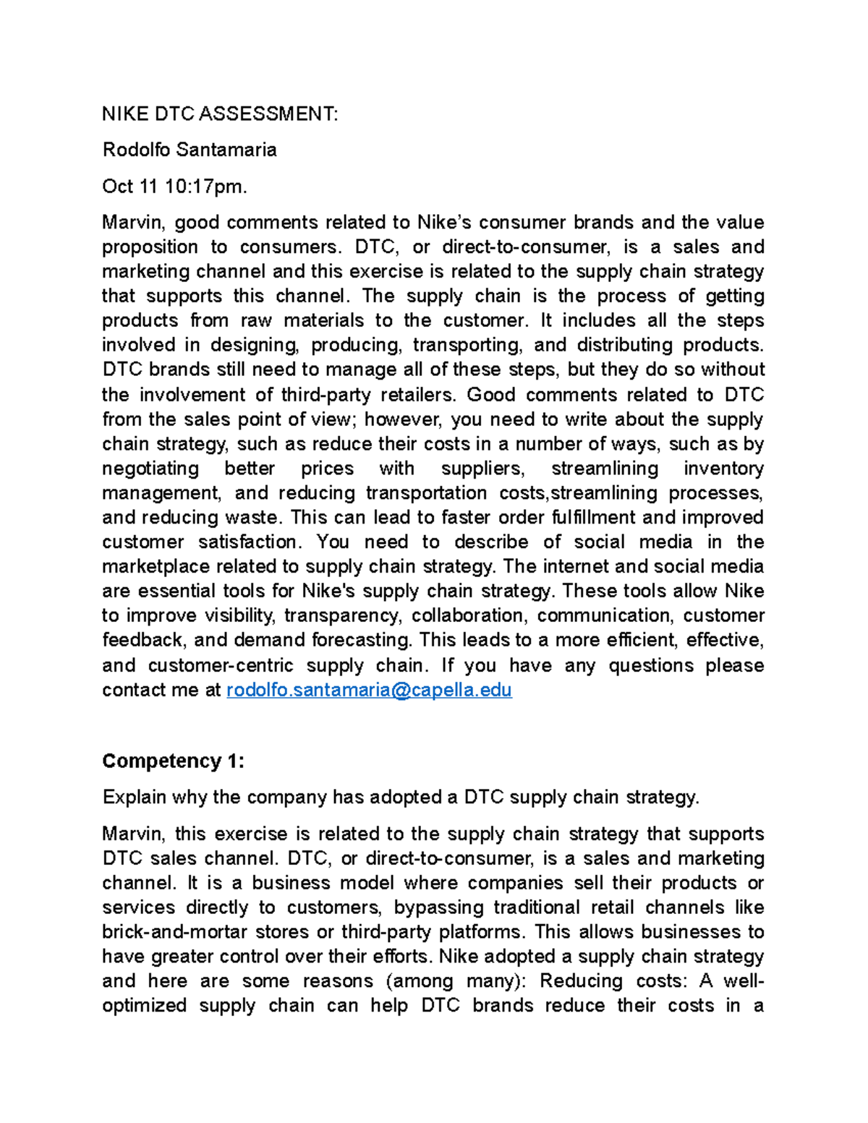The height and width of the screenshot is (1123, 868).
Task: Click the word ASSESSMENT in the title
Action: point(268,114)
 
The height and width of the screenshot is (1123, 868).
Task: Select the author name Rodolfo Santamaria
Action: point(189,150)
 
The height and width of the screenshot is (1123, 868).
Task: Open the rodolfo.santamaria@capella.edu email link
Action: point(369,690)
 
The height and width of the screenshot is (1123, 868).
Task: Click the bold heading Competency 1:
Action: point(173,761)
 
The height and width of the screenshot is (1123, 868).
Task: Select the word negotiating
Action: point(150,469)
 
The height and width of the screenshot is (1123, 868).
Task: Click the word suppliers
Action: point(482,469)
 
